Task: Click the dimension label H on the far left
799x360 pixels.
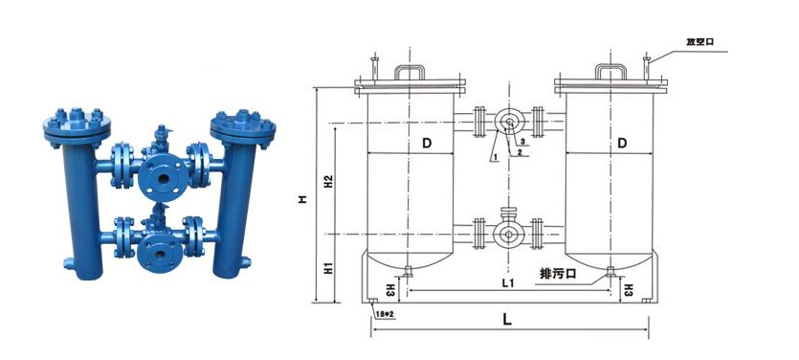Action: click(302, 199)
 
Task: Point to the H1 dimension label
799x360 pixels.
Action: click(327, 270)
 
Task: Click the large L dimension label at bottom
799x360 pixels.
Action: click(507, 321)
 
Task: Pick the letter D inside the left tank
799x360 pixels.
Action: click(426, 144)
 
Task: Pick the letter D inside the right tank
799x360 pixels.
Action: click(621, 144)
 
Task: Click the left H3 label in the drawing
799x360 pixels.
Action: click(390, 288)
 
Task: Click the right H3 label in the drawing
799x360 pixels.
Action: click(628, 287)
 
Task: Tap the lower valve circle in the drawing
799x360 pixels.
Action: click(507, 234)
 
